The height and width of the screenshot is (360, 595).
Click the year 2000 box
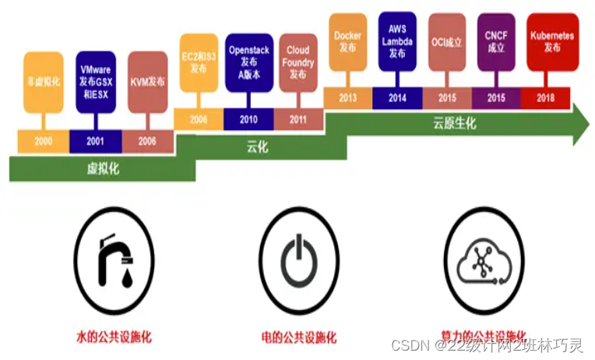[x=44, y=142]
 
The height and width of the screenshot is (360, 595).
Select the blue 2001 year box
[x=94, y=142]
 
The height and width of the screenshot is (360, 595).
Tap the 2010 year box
[x=248, y=119]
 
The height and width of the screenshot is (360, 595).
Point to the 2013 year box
[x=347, y=97]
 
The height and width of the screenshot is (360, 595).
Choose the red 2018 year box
[x=545, y=97]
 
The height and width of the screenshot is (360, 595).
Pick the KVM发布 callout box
[x=146, y=81]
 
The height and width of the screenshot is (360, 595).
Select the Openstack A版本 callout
[x=248, y=62]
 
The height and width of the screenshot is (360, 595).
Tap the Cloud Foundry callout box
[x=297, y=62]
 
